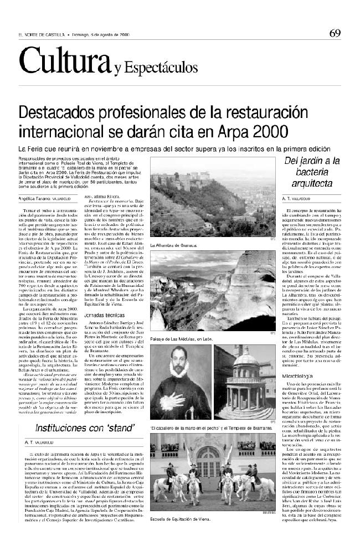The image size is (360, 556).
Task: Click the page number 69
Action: click(x=335, y=33)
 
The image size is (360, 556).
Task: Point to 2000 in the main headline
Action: click(x=268, y=132)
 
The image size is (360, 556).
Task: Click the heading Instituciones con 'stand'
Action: click(x=85, y=428)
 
